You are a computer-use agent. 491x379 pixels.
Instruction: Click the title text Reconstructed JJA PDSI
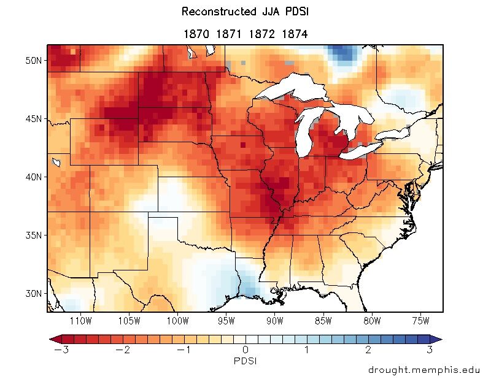[x=245, y=12]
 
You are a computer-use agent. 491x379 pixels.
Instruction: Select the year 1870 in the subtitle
[x=196, y=34]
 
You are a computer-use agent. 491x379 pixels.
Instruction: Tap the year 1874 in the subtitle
[x=294, y=34]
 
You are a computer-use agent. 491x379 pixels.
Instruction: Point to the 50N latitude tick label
[x=34, y=61]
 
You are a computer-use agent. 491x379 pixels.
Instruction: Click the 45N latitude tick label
[x=34, y=119]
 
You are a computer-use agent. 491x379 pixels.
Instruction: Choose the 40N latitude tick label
[x=34, y=177]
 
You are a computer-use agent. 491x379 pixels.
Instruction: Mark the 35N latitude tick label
[x=34, y=235]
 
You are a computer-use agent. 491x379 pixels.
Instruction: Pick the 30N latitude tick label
[x=34, y=293]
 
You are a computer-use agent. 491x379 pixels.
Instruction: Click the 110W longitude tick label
[x=80, y=321]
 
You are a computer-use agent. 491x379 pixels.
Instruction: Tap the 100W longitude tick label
[x=177, y=321]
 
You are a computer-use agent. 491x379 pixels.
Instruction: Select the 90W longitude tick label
[x=274, y=321]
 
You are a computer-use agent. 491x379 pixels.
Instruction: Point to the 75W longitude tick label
[x=420, y=321]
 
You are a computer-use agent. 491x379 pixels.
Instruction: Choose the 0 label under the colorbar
[x=245, y=350]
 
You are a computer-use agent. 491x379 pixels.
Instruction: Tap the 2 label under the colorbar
[x=368, y=350]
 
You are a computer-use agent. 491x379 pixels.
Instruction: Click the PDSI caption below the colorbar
[x=245, y=361]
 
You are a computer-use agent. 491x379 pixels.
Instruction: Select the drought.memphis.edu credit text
[x=425, y=370]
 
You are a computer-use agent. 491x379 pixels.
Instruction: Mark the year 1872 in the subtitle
[x=261, y=34]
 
